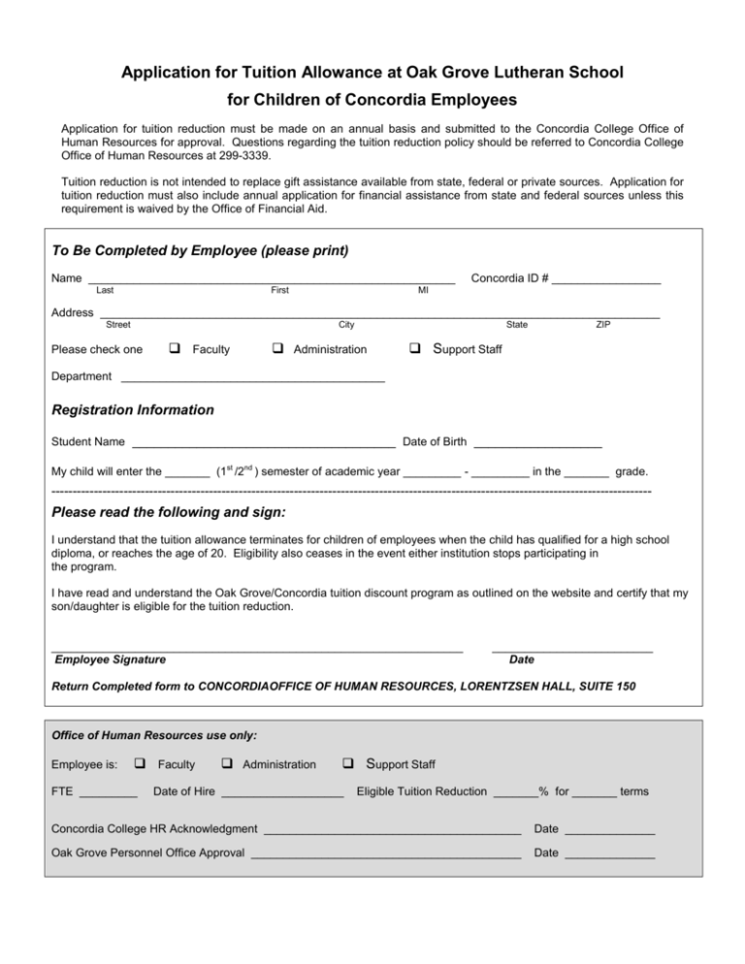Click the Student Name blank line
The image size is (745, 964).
point(262,444)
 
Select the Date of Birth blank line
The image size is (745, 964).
point(537,444)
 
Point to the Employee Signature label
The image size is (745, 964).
point(110,660)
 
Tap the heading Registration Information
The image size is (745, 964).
point(132,410)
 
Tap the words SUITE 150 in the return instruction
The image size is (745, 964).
point(608,687)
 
